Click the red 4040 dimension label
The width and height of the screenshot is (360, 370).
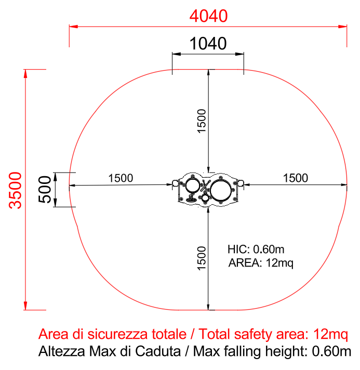208,16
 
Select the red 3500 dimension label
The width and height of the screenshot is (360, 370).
16,190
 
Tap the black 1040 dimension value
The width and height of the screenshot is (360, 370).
208,44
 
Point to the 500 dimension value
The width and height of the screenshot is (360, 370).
45,190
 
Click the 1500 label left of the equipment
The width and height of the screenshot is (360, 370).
121,178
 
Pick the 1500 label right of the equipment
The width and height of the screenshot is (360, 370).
296,178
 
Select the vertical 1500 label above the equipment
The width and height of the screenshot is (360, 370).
202,121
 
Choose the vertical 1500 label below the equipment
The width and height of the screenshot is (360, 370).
202,258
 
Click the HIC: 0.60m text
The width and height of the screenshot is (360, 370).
256,249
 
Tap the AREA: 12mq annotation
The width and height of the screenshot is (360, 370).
261,263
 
